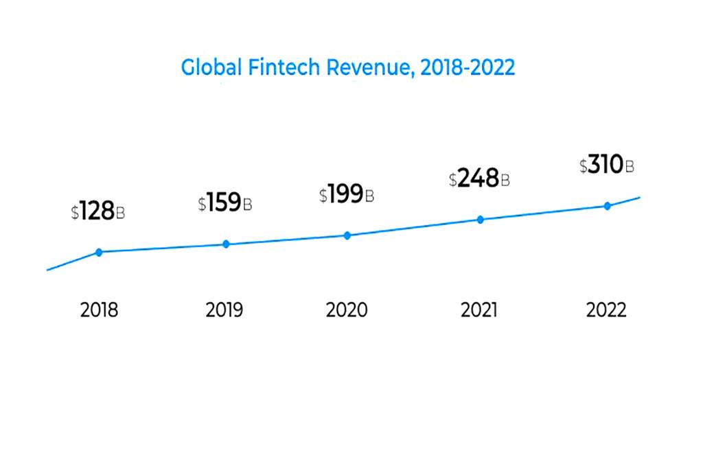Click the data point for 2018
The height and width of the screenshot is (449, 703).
pyautogui.click(x=99, y=252)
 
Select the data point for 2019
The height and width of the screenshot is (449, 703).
pyautogui.click(x=226, y=244)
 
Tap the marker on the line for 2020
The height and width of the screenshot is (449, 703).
pyautogui.click(x=347, y=235)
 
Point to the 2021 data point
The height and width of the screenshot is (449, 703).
pyautogui.click(x=481, y=220)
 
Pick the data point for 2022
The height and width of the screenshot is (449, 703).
pyautogui.click(x=607, y=206)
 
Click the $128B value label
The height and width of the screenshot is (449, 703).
pyautogui.click(x=97, y=211)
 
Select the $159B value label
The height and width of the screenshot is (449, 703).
pyautogui.click(x=224, y=203)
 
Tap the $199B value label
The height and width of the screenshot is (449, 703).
pyautogui.click(x=346, y=195)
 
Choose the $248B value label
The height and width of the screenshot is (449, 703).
pyautogui.click(x=479, y=179)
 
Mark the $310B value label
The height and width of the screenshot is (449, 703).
pyautogui.click(x=606, y=165)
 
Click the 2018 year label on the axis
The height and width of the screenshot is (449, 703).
pyautogui.click(x=99, y=310)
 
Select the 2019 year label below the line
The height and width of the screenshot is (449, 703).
pyautogui.click(x=224, y=310)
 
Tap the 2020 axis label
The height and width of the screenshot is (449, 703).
pyautogui.click(x=347, y=310)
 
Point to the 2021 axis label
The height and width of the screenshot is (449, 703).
pyautogui.click(x=479, y=310)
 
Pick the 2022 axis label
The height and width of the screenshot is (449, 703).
pyautogui.click(x=606, y=310)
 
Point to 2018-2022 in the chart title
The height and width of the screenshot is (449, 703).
pyautogui.click(x=467, y=68)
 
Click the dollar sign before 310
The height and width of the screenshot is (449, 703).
pyautogui.click(x=584, y=167)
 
